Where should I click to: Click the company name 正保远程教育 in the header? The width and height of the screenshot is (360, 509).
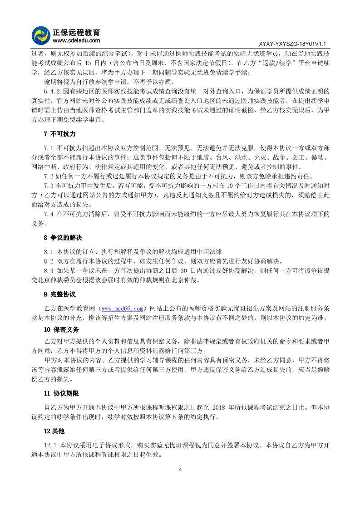pos(77,32)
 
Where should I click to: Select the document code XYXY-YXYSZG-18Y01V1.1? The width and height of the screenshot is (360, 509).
pos(292,44)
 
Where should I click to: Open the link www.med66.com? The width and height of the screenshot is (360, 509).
pos(122,309)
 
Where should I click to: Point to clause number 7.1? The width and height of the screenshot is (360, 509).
pos(49,148)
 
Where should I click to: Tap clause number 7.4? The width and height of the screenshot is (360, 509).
pos(49,213)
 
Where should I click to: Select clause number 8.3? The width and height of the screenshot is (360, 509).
pos(49,271)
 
